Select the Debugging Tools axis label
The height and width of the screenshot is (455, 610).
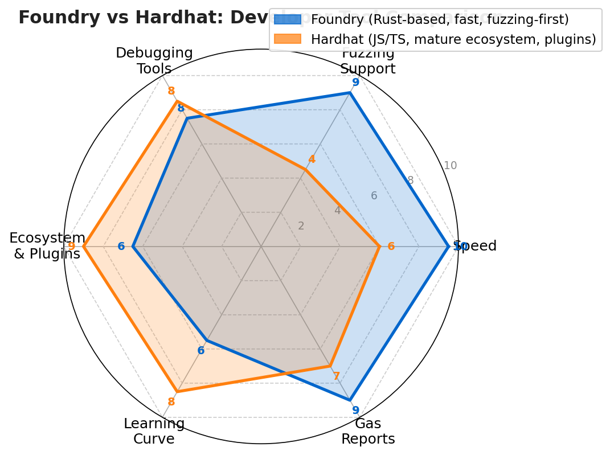coord(154,61)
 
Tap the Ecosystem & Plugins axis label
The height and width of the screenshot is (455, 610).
coord(47,246)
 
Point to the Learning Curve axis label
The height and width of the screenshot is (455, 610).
coord(154,431)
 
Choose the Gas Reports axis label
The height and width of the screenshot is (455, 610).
coord(368,431)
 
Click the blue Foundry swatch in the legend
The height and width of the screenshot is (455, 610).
coord(287,20)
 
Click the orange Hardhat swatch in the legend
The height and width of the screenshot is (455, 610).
coord(287,39)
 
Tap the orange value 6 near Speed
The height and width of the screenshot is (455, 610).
coord(391,247)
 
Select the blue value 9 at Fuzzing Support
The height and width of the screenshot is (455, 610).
coord(355,83)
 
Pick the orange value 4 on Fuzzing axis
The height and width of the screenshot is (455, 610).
coord(312,159)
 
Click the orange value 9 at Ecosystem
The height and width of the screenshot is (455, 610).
coord(71,247)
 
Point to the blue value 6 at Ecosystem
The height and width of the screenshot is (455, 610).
coord(121,247)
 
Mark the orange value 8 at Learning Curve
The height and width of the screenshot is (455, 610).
coord(171,402)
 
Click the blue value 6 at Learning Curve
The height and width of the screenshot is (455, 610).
coord(200,351)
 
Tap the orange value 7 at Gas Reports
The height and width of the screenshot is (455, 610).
coord(336,376)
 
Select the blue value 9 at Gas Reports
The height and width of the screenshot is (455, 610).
coord(355,410)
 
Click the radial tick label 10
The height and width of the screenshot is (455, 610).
coord(450,166)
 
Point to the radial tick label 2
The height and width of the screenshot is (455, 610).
coord(301,226)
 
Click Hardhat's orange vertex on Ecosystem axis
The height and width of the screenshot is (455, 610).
coord(84,247)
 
